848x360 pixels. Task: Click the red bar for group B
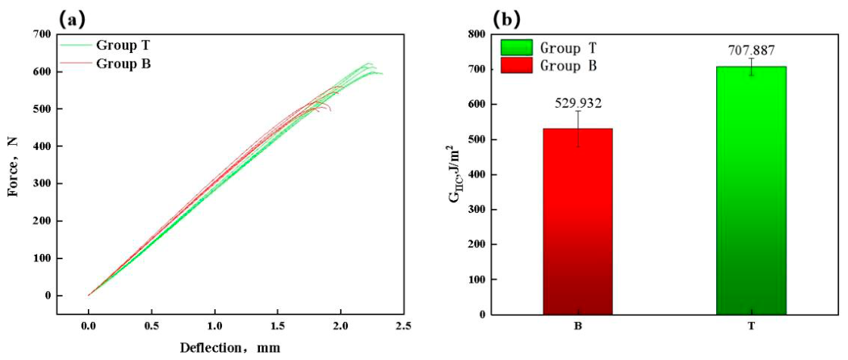point(577,221)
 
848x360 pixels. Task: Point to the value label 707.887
point(752,51)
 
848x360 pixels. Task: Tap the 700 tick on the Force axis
point(42,35)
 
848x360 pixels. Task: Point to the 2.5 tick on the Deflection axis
point(403,326)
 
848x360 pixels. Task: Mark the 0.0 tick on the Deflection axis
point(89,326)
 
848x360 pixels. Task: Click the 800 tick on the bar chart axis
point(473,35)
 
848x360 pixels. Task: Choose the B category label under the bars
point(577,327)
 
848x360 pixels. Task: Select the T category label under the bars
point(751,327)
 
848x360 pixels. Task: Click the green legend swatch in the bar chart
point(517,47)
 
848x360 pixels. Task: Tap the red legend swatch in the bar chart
point(517,67)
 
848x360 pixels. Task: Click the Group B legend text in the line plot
point(124,63)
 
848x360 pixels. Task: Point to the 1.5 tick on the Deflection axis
point(277,326)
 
